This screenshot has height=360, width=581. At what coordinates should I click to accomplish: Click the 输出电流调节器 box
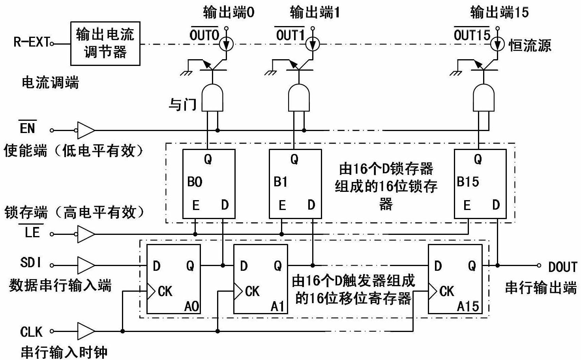coord(105,43)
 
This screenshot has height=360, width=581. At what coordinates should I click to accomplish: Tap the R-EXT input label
coord(32,42)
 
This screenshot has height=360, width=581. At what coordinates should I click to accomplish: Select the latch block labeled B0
coord(208,184)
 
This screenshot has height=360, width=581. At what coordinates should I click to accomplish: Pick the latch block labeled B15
coord(480,184)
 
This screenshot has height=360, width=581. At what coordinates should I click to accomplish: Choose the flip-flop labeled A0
coord(173,279)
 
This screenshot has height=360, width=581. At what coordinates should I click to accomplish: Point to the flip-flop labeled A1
coord(260,279)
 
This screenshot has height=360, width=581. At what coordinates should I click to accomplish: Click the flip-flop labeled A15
coord(455,279)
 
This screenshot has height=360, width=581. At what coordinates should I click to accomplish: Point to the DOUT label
coord(562,267)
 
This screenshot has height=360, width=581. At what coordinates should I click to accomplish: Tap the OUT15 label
coord(472,35)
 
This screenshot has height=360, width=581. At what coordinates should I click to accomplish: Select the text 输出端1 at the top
coord(315,13)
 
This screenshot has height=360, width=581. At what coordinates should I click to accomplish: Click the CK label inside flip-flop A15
coord(447,291)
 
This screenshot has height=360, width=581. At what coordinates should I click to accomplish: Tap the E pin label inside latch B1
coord(282,205)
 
